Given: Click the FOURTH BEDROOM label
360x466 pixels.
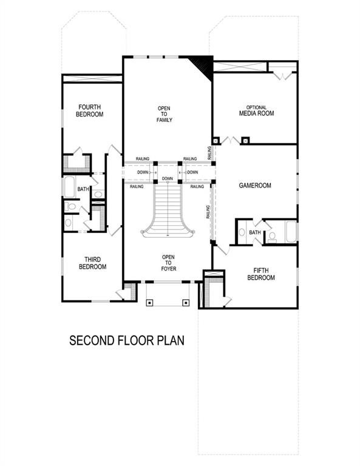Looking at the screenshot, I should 89,110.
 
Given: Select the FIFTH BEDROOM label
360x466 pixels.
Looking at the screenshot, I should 261,274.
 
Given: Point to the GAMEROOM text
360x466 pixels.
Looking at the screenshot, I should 254,186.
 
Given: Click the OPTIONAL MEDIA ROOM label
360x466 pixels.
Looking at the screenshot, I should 256,110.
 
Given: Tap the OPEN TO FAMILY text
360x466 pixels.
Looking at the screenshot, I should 165,114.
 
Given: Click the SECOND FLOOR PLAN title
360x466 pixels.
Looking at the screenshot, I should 126,340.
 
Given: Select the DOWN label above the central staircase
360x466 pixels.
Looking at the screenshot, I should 168,178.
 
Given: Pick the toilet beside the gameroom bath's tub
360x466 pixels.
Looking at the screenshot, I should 273,236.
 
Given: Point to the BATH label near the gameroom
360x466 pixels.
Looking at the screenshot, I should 255,232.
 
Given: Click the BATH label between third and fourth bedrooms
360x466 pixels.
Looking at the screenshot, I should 83,190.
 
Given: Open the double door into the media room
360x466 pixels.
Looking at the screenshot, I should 230,141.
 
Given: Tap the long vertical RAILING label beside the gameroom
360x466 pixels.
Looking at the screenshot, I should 208,212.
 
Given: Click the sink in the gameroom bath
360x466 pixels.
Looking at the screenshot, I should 242,232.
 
